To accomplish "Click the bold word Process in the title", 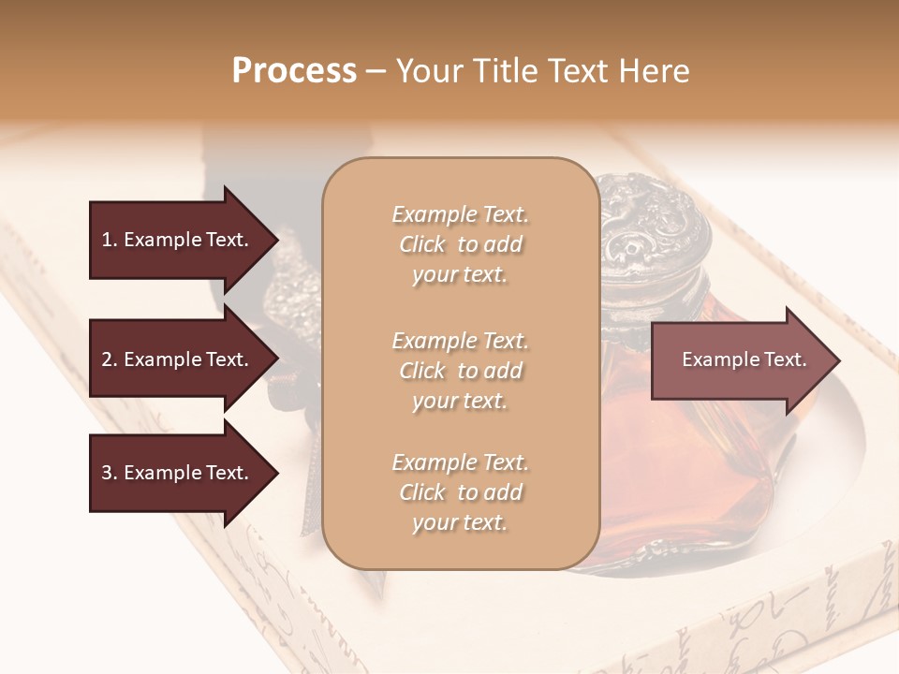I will tap(294, 71).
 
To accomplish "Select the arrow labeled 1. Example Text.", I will tap(175, 240).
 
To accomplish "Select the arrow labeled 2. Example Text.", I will tap(175, 359).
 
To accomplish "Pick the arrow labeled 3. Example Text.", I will tap(175, 473).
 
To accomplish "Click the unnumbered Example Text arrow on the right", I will tap(744, 359).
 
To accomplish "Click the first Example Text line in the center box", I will tap(460, 214).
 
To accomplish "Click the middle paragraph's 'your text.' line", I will tap(460, 401).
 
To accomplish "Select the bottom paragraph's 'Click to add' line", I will tap(460, 492).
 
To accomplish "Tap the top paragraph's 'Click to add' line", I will tap(460, 244).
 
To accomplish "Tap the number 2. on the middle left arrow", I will tap(109, 359).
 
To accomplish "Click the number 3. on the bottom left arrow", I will tap(109, 473).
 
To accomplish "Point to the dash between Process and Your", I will tap(376, 72).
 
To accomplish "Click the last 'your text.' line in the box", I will tap(460, 523).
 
